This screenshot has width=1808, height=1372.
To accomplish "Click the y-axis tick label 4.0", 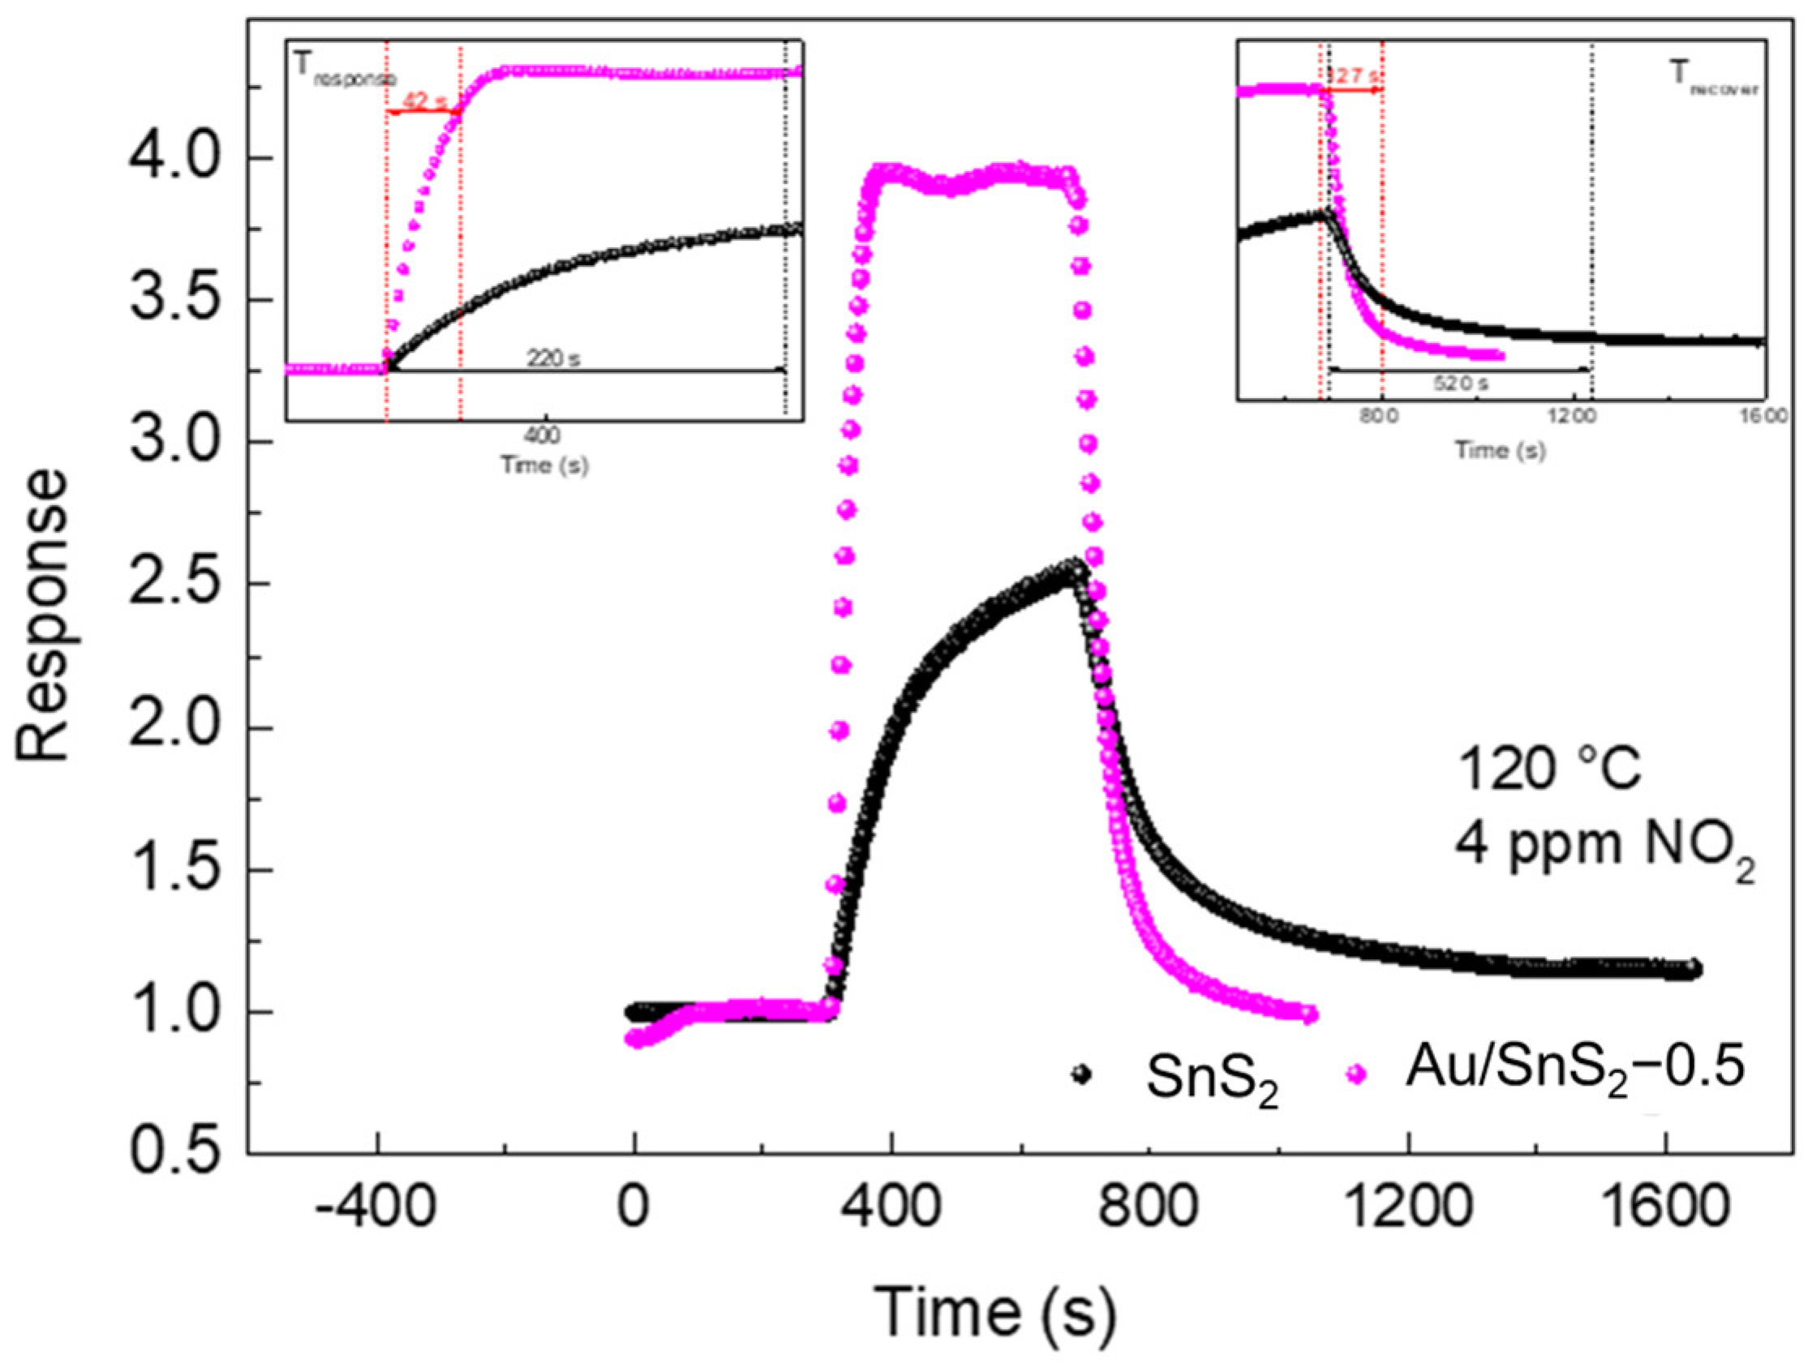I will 175,159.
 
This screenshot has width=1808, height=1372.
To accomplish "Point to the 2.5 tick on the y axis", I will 175,585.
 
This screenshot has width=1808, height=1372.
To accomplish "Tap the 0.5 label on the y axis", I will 175,1154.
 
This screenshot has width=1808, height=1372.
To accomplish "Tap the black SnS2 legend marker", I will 1080,1074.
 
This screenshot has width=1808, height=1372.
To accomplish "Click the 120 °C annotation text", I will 1548,770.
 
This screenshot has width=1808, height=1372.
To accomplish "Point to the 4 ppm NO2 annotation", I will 1603,847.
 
